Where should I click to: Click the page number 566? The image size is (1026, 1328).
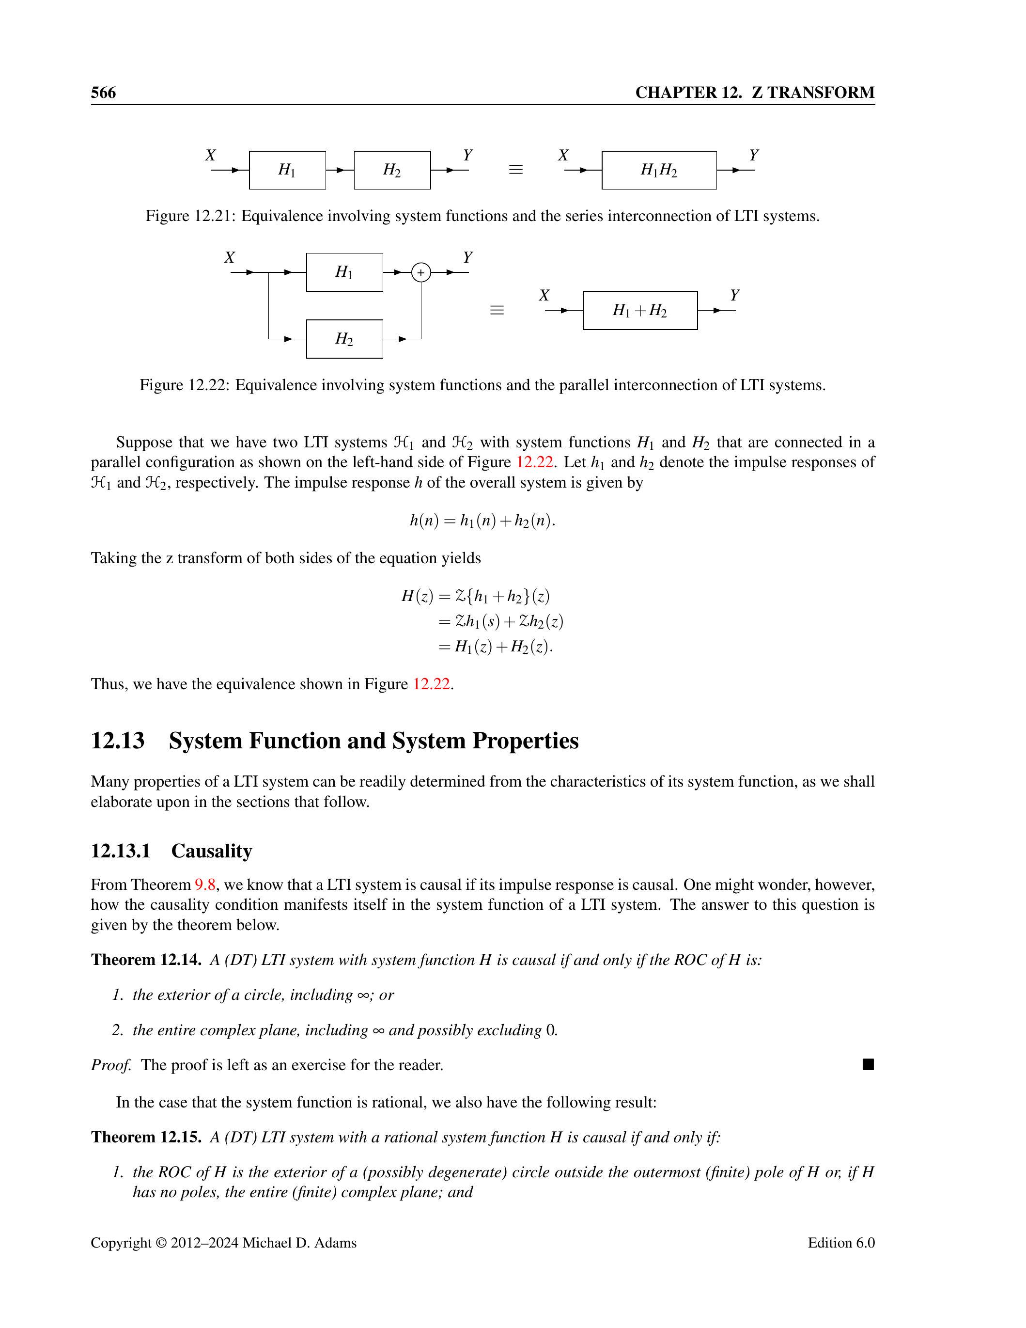pos(103,93)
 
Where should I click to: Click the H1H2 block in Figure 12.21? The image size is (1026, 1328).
pos(659,170)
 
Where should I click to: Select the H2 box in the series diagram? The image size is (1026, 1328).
pos(392,170)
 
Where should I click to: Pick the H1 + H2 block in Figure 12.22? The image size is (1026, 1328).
pos(639,311)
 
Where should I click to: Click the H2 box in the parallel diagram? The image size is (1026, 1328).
pos(344,339)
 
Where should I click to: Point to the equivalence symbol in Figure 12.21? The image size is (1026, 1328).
pos(515,170)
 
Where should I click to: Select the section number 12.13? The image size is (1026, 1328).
pos(118,741)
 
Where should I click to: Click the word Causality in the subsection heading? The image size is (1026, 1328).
pos(212,851)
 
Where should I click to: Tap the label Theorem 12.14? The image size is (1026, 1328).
pos(146,960)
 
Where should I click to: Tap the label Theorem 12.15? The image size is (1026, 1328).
pos(146,1137)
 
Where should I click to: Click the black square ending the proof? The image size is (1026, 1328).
pos(868,1064)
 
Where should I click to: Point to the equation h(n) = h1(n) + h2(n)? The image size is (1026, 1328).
pos(482,521)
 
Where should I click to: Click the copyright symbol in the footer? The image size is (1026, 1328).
pos(161,1243)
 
